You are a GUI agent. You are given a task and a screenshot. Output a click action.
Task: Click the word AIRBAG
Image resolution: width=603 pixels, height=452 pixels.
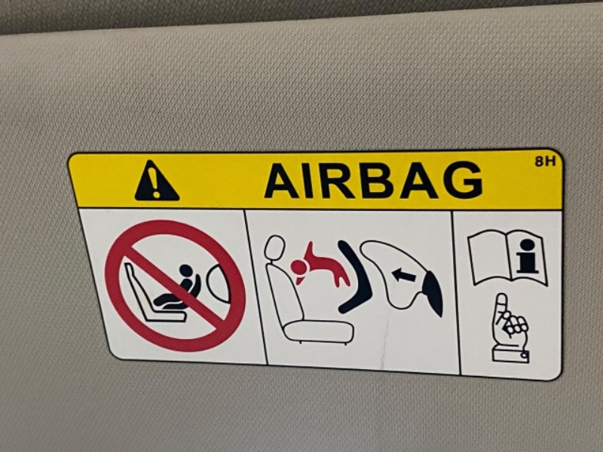point(373,180)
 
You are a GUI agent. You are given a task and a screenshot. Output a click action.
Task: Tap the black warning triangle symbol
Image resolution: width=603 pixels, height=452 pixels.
point(157,181)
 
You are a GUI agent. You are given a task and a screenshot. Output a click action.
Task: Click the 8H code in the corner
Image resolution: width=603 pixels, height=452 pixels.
point(545,161)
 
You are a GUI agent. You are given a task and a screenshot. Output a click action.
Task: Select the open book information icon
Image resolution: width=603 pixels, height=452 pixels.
point(507,257)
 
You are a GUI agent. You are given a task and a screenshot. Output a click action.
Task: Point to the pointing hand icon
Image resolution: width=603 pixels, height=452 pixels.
point(510,328)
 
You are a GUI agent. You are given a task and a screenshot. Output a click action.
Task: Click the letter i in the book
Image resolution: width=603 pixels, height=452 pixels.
point(527,256)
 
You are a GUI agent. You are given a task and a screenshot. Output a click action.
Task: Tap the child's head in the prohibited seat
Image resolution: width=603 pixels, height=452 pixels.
point(185,270)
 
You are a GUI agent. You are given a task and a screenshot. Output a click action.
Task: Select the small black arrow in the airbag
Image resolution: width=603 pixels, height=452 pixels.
point(404,275)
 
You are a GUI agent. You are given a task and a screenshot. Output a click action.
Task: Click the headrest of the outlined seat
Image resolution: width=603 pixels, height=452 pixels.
point(274,249)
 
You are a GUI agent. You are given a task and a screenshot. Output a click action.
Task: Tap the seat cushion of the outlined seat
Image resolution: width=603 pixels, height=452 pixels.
point(318,331)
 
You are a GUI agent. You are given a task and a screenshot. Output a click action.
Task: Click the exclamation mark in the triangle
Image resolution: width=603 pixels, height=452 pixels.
point(155,183)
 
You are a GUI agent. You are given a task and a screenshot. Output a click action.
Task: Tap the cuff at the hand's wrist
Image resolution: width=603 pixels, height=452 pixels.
point(510,354)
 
